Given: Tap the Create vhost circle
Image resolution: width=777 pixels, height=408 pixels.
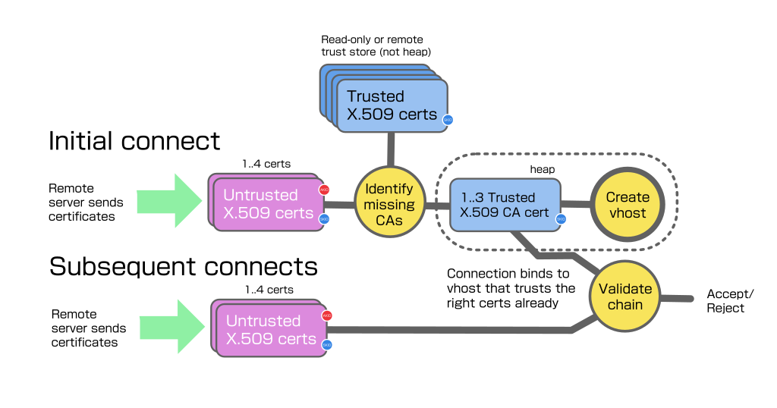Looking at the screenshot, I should click(x=628, y=205).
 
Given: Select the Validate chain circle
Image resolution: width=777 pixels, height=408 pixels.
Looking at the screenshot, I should click(x=625, y=297).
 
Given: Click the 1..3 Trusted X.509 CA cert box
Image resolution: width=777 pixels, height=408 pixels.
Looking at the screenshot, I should click(x=505, y=205).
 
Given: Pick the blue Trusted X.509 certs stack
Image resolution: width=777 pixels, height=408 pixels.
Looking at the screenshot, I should click(x=390, y=105).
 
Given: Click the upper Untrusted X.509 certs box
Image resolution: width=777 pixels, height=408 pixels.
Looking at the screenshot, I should click(x=268, y=203).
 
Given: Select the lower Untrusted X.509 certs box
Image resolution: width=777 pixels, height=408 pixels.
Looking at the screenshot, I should click(x=270, y=329).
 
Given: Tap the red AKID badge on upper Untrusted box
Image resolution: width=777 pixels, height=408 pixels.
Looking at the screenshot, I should click(x=325, y=190).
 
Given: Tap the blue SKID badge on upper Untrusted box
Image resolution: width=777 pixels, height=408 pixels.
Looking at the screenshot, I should click(x=325, y=218).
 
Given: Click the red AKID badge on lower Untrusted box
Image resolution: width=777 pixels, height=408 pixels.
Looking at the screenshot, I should click(x=327, y=315).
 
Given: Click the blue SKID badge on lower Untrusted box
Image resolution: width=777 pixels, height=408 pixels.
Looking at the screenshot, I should click(x=327, y=344).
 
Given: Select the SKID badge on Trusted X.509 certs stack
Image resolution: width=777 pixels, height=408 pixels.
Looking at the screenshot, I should click(x=448, y=120).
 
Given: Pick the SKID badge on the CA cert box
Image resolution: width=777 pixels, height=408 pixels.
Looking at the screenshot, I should click(x=561, y=219).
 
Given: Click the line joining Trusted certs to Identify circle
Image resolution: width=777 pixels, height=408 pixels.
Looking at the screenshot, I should click(x=392, y=149).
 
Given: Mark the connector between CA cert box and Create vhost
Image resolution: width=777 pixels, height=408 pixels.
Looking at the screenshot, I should click(x=576, y=204).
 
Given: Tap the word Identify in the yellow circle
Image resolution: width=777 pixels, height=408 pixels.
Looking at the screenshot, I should click(x=389, y=189).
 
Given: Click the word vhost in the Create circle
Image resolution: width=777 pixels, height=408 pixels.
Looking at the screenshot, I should click(x=628, y=213).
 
